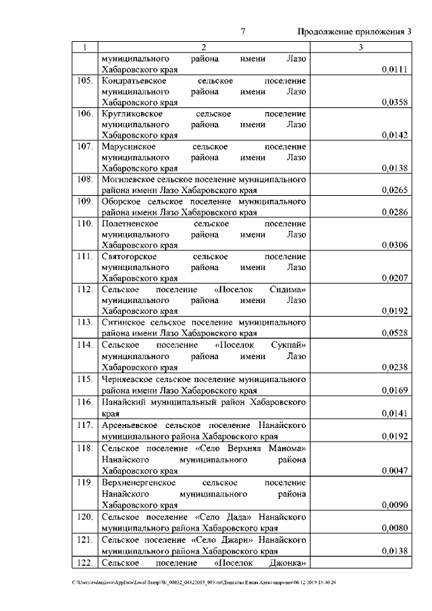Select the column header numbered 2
click(203, 48)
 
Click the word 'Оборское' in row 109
click(119, 201)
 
